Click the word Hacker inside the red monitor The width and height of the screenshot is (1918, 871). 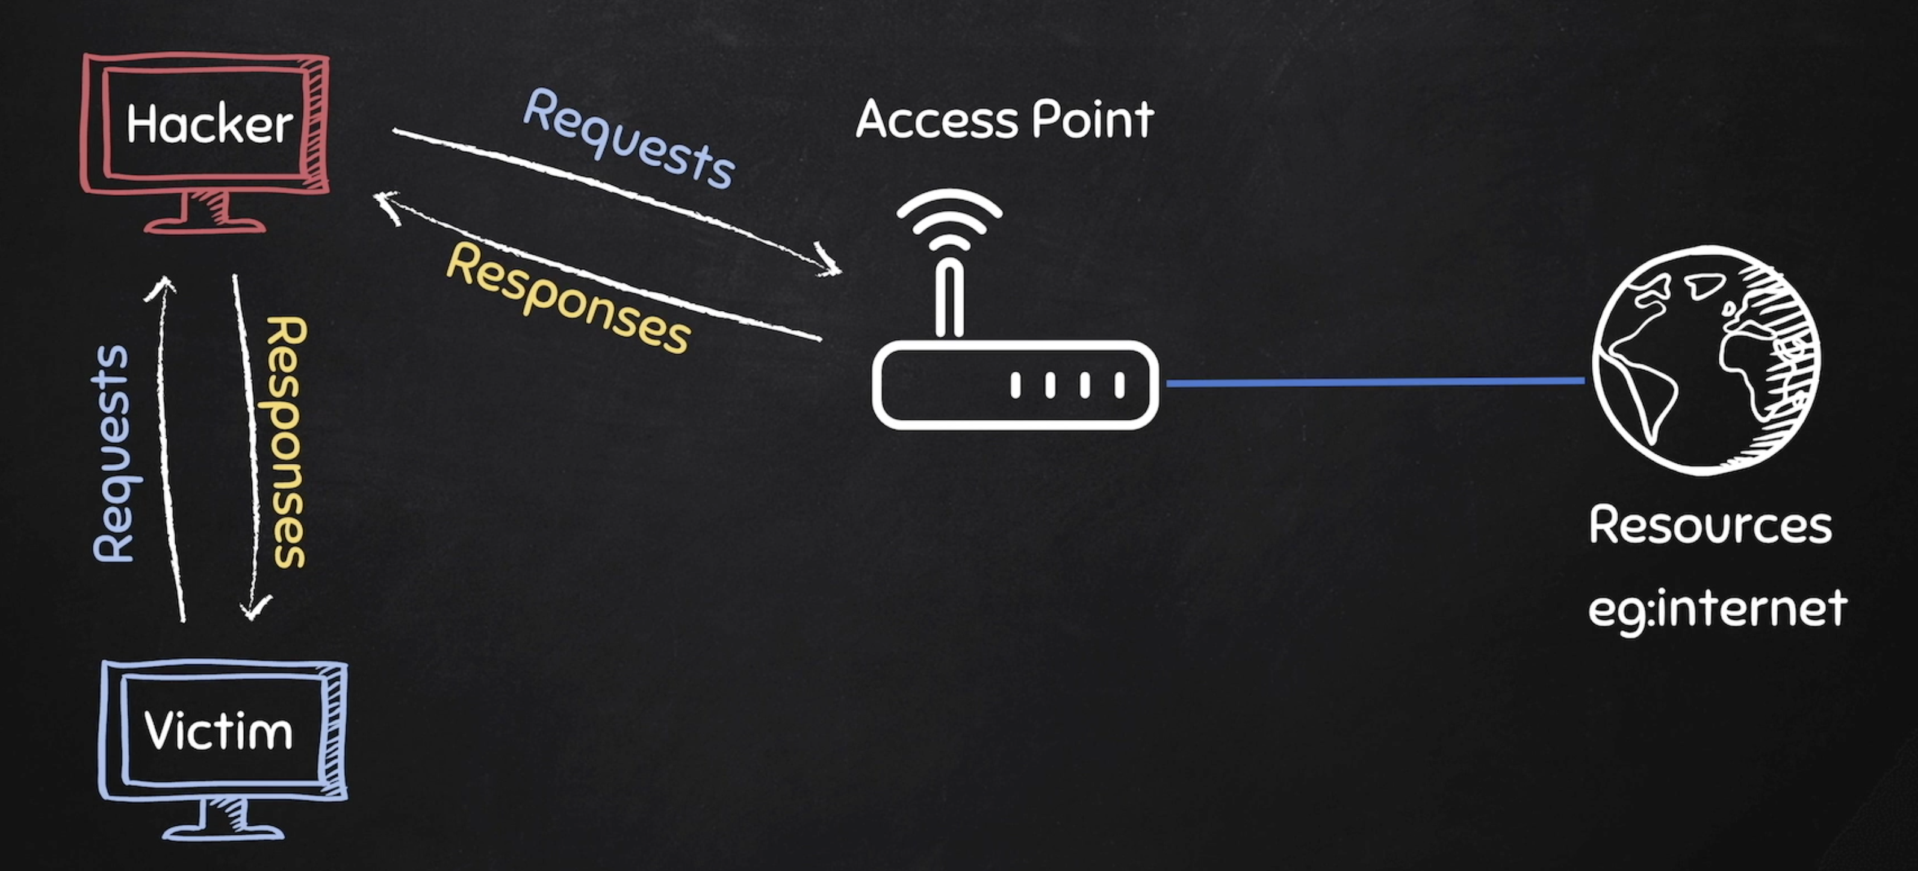pyautogui.click(x=209, y=125)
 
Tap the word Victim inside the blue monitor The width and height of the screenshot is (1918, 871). pyautogui.click(x=218, y=731)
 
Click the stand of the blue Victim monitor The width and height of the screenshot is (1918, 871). pyautogui.click(x=223, y=820)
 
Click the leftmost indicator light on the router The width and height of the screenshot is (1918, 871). pyautogui.click(x=1016, y=386)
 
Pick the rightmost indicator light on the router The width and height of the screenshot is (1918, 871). pyautogui.click(x=1119, y=386)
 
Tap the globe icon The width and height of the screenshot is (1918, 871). pyautogui.click(x=1705, y=360)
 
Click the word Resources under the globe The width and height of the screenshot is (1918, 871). pyautogui.click(x=1710, y=525)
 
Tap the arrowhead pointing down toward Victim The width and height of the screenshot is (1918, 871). pyautogui.click(x=255, y=607)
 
